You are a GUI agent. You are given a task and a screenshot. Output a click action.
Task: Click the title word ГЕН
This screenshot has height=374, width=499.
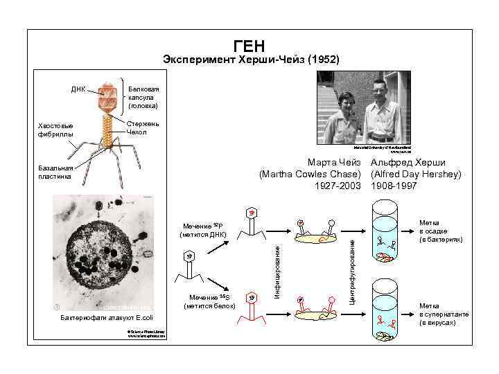(x=249, y=46)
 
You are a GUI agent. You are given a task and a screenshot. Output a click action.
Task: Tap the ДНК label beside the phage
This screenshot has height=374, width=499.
(x=78, y=89)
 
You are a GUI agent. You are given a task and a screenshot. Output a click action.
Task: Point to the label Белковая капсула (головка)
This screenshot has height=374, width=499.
(x=143, y=98)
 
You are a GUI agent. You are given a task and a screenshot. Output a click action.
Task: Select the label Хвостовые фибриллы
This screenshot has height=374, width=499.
(x=55, y=130)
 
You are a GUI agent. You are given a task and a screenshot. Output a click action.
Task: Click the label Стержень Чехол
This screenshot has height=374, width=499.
(x=143, y=127)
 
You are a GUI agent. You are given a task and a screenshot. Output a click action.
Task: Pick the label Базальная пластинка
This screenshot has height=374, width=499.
(x=56, y=172)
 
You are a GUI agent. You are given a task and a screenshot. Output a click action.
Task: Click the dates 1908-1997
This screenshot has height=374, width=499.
(x=395, y=186)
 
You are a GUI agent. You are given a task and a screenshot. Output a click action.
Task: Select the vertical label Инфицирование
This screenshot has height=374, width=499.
(x=277, y=266)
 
